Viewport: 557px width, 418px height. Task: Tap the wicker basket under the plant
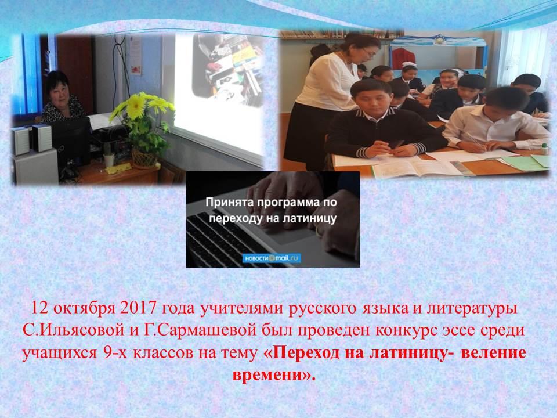[x=144, y=159]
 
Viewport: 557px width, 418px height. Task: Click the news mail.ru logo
[x=272, y=258]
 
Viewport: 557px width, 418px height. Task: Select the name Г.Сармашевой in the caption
[x=200, y=330]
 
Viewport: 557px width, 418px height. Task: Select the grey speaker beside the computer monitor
[x=42, y=138]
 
